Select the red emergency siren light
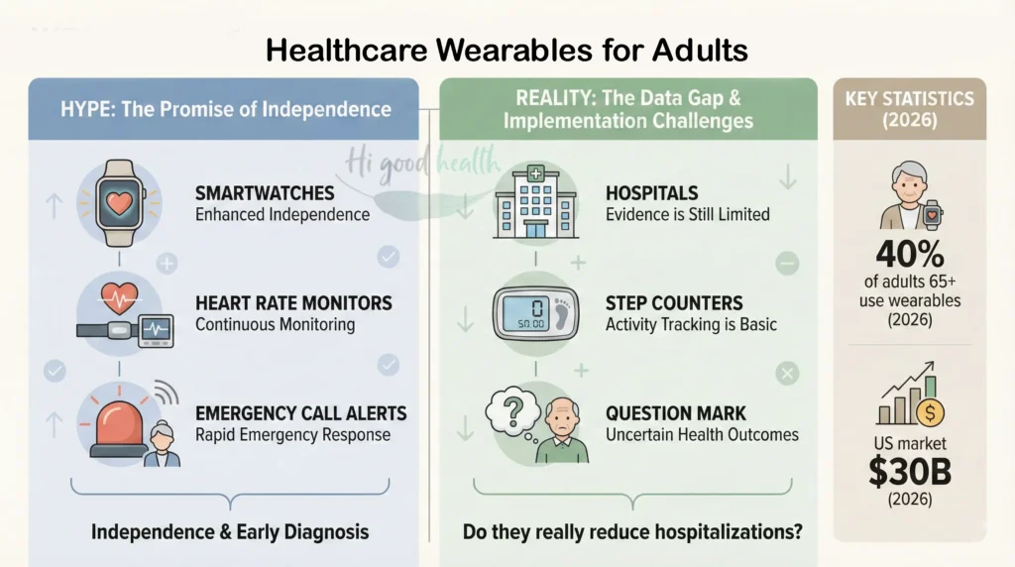pos(117,422)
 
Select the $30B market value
pos(911,472)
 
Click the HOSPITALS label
pos(652,193)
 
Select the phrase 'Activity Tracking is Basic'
pos(691,324)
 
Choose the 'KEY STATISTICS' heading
pos(910,99)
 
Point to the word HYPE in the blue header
pos(79,108)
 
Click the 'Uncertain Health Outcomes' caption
pos(702,434)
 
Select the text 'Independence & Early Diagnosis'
pos(230,531)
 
